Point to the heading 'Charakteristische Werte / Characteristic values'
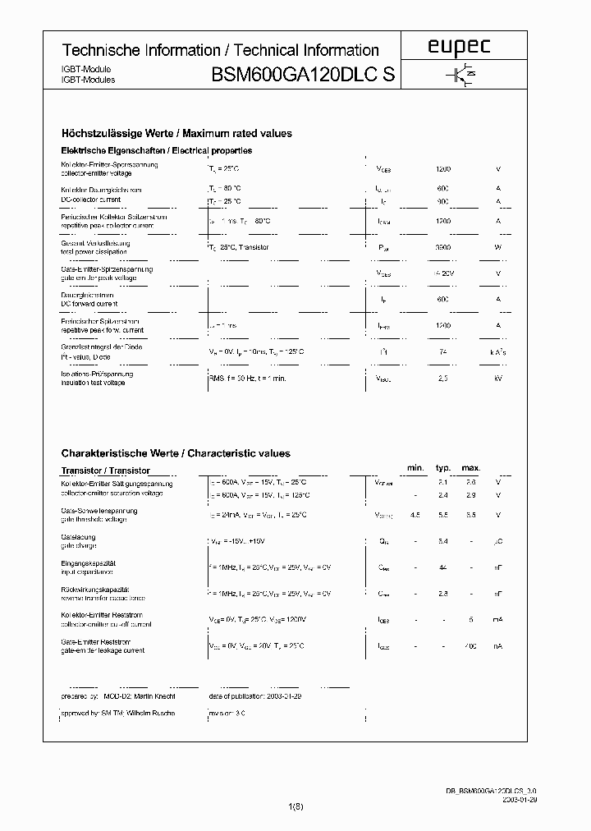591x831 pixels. pos(176,453)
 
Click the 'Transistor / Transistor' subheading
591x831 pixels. pos(106,471)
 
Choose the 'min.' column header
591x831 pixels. pos(415,468)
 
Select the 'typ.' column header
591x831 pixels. pos(443,468)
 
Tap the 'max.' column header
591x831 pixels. pos(470,468)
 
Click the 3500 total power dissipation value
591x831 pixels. pos(443,246)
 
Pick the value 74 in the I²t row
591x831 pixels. pos(443,351)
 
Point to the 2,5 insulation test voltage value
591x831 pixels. pos(443,379)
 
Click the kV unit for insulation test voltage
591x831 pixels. pos(497,379)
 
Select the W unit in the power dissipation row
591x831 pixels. pos(497,246)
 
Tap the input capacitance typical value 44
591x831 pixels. pos(443,567)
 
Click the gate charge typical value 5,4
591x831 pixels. pos(443,541)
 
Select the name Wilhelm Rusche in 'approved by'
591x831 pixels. pos(150,713)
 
